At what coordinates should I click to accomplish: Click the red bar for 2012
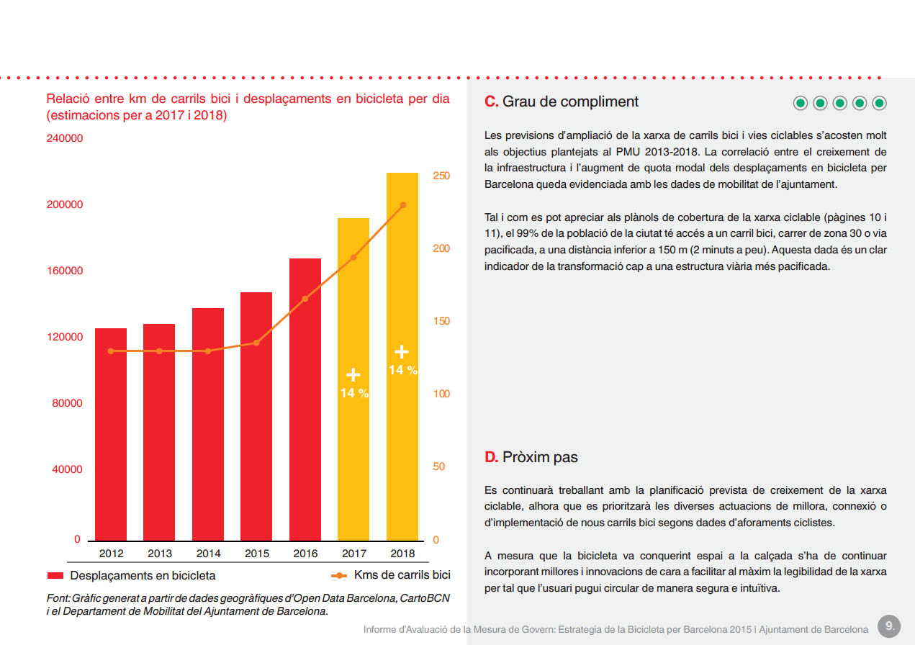point(111,434)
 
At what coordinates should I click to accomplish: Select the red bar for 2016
point(305,400)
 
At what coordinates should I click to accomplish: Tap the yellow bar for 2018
point(402,356)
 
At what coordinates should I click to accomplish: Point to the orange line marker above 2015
point(256,343)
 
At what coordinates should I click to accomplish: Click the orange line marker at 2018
point(403,204)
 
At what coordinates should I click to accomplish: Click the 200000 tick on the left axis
point(65,204)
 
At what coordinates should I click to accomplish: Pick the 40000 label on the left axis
point(67,469)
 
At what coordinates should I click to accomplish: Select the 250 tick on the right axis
point(441,176)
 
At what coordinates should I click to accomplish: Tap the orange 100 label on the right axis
point(441,394)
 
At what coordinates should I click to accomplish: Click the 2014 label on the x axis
point(208,554)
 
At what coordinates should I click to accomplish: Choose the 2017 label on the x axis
point(354,554)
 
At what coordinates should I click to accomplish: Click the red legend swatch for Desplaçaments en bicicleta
point(55,576)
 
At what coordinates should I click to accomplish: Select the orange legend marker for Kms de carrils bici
point(339,576)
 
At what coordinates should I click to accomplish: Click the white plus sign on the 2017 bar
point(353,374)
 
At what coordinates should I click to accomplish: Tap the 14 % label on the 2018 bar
point(402,370)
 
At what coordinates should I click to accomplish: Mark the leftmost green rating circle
point(801,103)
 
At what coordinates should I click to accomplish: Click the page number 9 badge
point(889,626)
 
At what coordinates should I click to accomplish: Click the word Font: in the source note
point(58,598)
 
